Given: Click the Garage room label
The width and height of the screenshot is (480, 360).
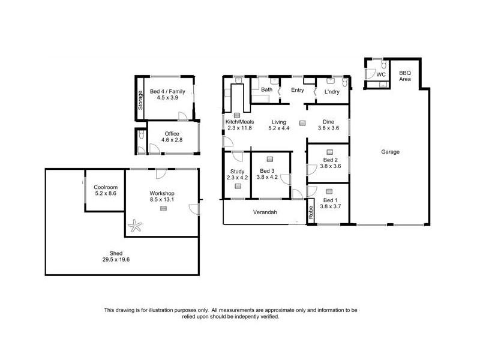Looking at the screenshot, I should tap(390, 152).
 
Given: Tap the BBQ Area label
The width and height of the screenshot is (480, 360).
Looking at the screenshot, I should tap(406, 76).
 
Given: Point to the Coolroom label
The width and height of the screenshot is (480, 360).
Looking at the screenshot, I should tap(105, 187).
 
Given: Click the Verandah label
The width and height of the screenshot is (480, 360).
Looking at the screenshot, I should tap(264, 212).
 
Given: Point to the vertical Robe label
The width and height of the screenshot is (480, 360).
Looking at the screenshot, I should tap(311, 212).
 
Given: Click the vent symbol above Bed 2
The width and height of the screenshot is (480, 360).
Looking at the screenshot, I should tap(329, 152).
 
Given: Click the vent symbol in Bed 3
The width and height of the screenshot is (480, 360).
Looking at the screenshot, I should tap(269, 159).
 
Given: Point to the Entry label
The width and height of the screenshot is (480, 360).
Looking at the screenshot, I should tap(298, 90).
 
